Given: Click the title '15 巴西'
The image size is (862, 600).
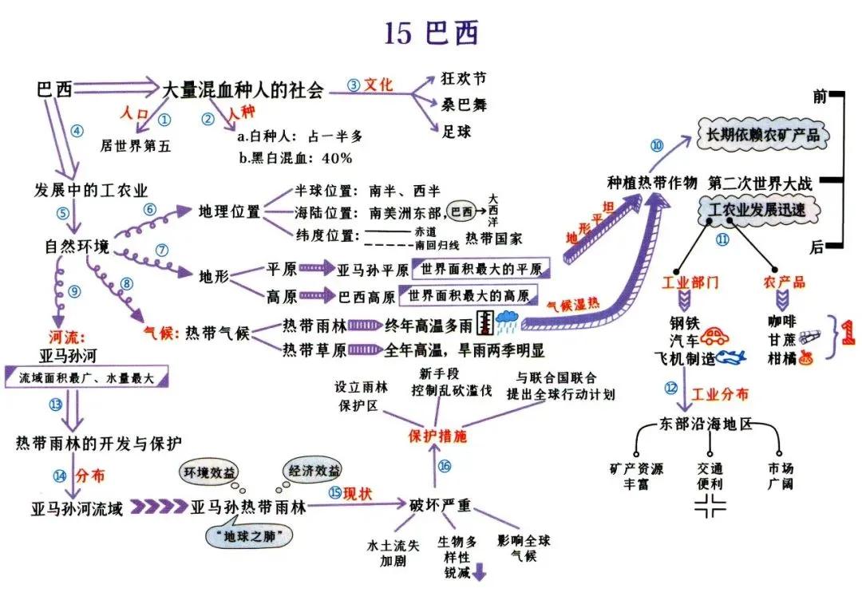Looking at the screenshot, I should pos(431,33).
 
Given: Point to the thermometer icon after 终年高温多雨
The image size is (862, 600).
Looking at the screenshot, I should pos(484,323).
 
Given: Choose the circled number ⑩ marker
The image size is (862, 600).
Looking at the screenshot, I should pos(657,145).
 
